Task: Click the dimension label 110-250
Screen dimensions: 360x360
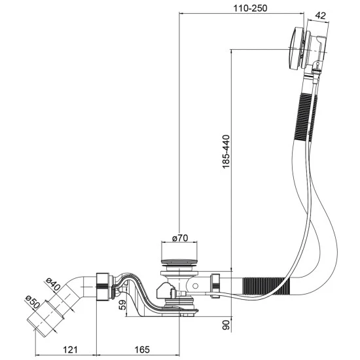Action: pos(250,9)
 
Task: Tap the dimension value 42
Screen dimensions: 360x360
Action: pos(321,16)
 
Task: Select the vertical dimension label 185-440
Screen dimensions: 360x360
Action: pos(226,152)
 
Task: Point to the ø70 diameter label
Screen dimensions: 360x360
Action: pos(180,238)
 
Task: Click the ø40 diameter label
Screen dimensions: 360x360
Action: pos(53,284)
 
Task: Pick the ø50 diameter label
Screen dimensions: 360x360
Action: pos(33,302)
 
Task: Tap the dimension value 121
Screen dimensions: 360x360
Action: pos(70,350)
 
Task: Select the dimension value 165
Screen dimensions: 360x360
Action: pos(142,350)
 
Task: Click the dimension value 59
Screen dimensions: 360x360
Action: pos(123,305)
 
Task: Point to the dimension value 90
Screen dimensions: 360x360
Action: pos(226,325)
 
